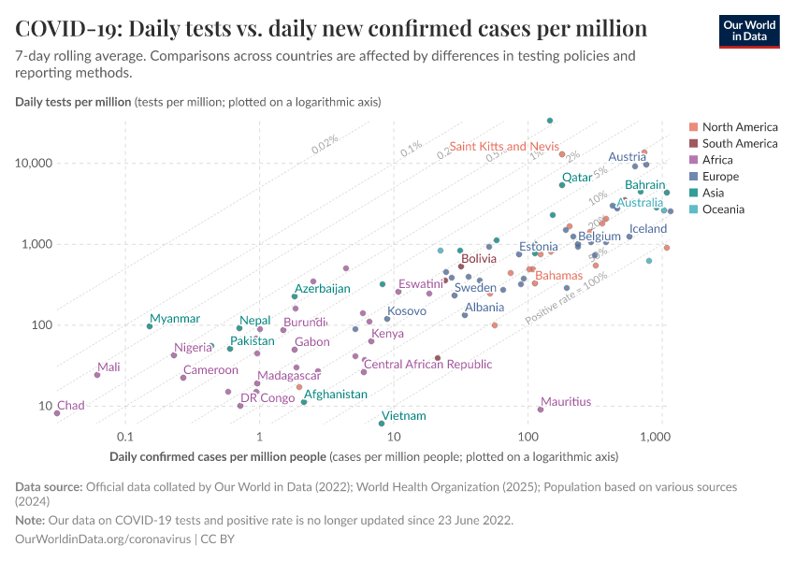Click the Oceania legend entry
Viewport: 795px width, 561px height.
[723, 209]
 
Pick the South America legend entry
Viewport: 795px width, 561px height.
[739, 143]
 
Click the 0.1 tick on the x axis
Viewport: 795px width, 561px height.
[124, 437]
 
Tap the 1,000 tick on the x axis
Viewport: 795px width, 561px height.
[661, 437]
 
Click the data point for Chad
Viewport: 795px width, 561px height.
[57, 412]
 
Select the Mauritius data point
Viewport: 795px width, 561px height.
[541, 410]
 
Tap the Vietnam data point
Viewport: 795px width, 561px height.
[382, 424]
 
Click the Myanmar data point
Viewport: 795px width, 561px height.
[150, 326]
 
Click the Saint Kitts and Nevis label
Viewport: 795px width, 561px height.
[503, 147]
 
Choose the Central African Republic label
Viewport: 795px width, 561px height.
[427, 365]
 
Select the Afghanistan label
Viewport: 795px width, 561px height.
[336, 395]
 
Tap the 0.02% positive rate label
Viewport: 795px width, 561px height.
[325, 144]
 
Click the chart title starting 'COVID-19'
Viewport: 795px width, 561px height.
[331, 28]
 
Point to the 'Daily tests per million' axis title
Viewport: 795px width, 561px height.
[74, 101]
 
